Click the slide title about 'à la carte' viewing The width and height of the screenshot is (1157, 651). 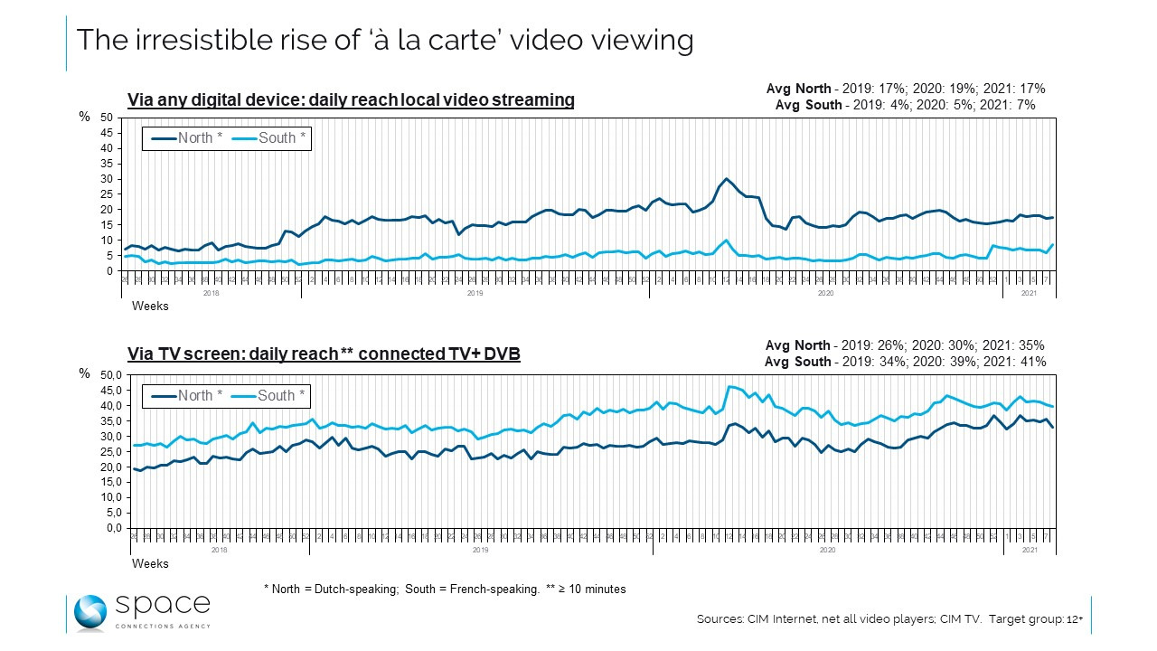click(x=384, y=41)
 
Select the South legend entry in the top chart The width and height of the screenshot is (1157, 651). click(x=270, y=138)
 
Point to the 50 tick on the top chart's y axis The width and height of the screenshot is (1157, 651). click(x=107, y=118)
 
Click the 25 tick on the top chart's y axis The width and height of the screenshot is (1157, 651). click(x=107, y=194)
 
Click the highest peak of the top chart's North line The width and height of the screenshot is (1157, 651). click(x=726, y=179)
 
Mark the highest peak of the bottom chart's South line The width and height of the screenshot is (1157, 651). click(x=729, y=387)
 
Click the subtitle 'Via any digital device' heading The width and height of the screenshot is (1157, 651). click(x=351, y=100)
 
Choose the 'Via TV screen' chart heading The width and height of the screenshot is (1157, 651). click(x=324, y=354)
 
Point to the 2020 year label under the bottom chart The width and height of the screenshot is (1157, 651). click(x=825, y=549)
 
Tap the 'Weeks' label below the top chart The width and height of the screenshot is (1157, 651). click(x=150, y=306)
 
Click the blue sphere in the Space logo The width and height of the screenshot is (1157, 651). click(x=90, y=612)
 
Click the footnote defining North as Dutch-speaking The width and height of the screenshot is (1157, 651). click(x=331, y=589)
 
